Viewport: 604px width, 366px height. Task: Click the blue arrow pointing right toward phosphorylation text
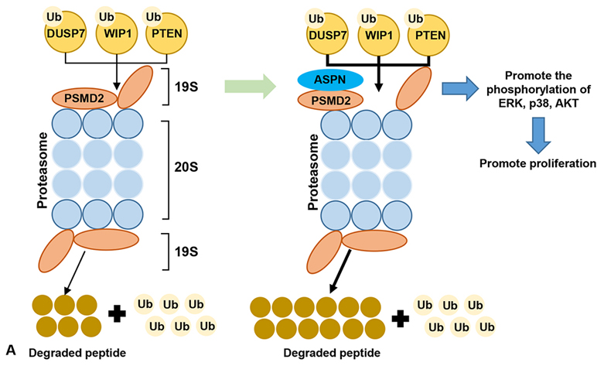[x=462, y=88]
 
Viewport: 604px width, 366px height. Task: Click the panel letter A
[x=9, y=352]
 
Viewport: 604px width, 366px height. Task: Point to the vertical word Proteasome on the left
[x=43, y=175]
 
